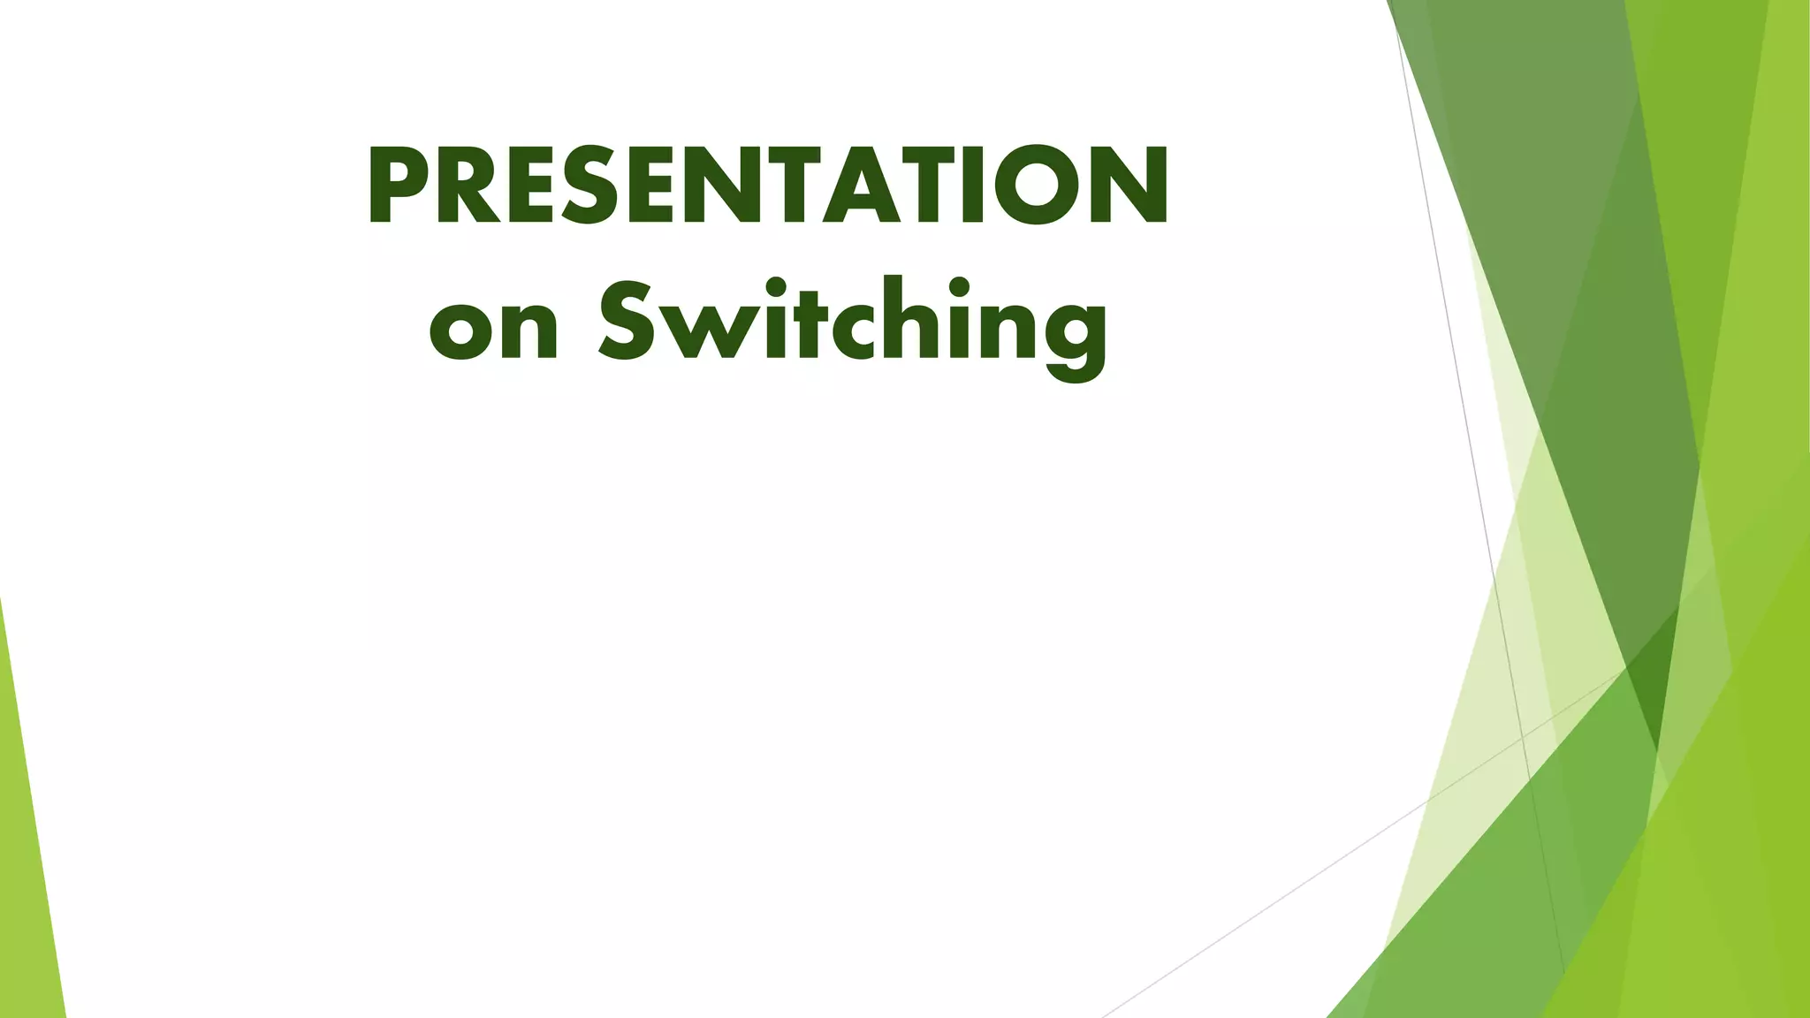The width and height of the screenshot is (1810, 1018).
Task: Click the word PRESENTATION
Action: (768, 186)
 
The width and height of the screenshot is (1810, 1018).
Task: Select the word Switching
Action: (852, 323)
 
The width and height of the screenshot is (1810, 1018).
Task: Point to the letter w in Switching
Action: (707, 331)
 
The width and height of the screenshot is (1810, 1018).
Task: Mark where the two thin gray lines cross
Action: (1523, 736)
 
